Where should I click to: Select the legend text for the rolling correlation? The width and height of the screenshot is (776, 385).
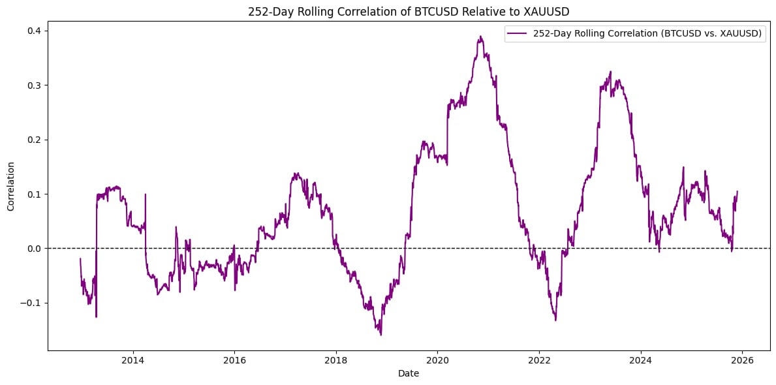coord(647,35)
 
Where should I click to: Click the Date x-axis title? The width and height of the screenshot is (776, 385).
coord(409,374)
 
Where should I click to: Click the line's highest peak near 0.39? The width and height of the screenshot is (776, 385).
coord(481,37)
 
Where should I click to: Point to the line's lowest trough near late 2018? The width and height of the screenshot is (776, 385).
coord(380,335)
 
